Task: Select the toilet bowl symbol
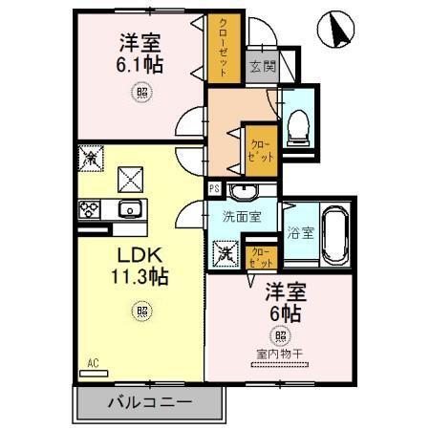[x=297, y=123]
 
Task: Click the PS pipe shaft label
[x=214, y=188]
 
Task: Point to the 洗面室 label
[x=243, y=216]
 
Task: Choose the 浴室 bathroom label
[x=301, y=233]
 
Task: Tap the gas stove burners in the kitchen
[x=92, y=208]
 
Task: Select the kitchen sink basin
[x=128, y=209]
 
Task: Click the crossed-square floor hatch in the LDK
[x=128, y=179]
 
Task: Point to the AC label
[x=94, y=362]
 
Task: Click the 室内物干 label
[x=280, y=354]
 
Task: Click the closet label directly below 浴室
[x=260, y=255]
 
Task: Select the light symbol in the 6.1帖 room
[x=141, y=93]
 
